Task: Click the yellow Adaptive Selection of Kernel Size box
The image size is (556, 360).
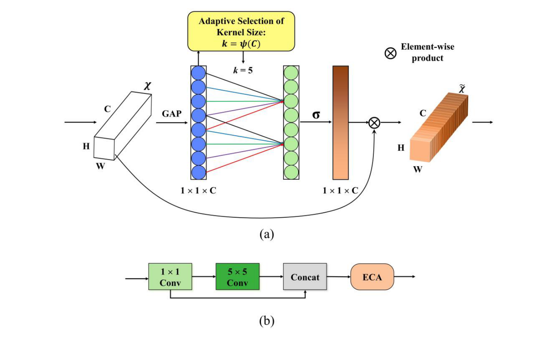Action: point(241,31)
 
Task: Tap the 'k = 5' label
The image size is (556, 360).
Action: point(243,70)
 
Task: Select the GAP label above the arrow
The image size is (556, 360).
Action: point(172,114)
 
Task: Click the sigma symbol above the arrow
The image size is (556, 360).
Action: point(316,115)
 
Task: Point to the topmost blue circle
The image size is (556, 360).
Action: point(198,73)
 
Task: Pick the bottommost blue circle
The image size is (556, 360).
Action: point(198,172)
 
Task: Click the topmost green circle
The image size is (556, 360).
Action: point(291,73)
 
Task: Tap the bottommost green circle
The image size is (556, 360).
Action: point(291,172)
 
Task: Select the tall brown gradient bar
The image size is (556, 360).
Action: point(341,123)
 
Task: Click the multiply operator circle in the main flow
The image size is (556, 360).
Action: point(374,123)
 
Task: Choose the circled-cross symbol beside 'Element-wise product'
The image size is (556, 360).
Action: point(391,53)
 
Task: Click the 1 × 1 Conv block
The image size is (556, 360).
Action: point(170,277)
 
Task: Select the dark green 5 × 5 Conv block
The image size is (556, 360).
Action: point(237,277)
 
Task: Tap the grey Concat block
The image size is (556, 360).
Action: point(305,277)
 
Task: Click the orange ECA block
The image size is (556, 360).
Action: point(372,277)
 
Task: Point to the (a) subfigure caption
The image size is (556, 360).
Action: point(266,234)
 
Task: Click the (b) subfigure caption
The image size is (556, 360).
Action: point(266,321)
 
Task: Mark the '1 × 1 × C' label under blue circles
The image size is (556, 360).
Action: point(198,190)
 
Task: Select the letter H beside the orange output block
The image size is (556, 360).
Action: point(401,148)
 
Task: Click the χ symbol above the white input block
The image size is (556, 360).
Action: point(147,85)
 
